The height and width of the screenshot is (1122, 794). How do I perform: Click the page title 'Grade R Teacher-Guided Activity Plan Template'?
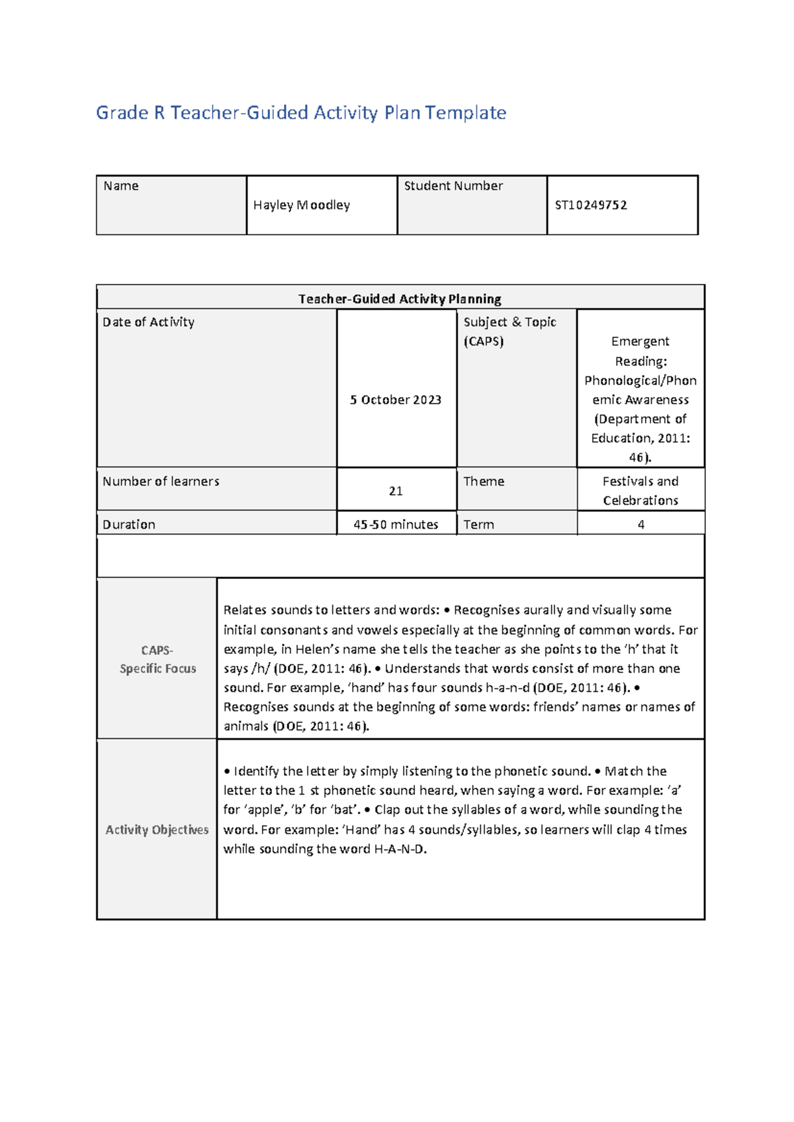(x=301, y=113)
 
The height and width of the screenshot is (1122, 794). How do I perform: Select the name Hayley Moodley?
(x=301, y=205)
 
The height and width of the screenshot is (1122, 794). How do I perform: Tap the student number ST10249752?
(x=590, y=205)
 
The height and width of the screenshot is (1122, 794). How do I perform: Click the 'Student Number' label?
(x=453, y=186)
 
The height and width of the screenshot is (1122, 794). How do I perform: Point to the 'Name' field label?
(x=120, y=186)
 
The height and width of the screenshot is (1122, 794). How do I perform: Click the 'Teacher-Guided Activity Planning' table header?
(x=400, y=299)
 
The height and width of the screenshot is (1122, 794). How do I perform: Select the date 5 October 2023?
(x=396, y=400)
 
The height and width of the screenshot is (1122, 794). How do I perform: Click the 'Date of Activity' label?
(x=148, y=322)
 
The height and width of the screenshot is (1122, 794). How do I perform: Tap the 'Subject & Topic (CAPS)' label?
(x=509, y=331)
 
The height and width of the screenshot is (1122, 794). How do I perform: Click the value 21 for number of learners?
(x=396, y=491)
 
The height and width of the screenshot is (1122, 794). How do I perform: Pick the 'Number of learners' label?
(x=161, y=482)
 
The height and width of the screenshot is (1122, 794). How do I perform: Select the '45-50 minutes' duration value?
(x=396, y=525)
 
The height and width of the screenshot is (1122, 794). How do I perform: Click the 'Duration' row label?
(x=129, y=525)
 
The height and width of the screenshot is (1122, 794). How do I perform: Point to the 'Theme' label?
(x=484, y=482)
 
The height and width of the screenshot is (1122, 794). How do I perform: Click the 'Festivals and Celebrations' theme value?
(x=640, y=491)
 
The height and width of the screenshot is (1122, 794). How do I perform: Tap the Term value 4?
(x=640, y=525)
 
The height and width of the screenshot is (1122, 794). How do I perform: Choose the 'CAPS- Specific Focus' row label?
(x=157, y=660)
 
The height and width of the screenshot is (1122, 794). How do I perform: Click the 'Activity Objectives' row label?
(x=157, y=830)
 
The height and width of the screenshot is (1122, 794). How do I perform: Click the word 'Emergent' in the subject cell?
(x=640, y=341)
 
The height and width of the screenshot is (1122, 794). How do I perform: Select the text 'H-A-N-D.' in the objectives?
(x=400, y=849)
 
